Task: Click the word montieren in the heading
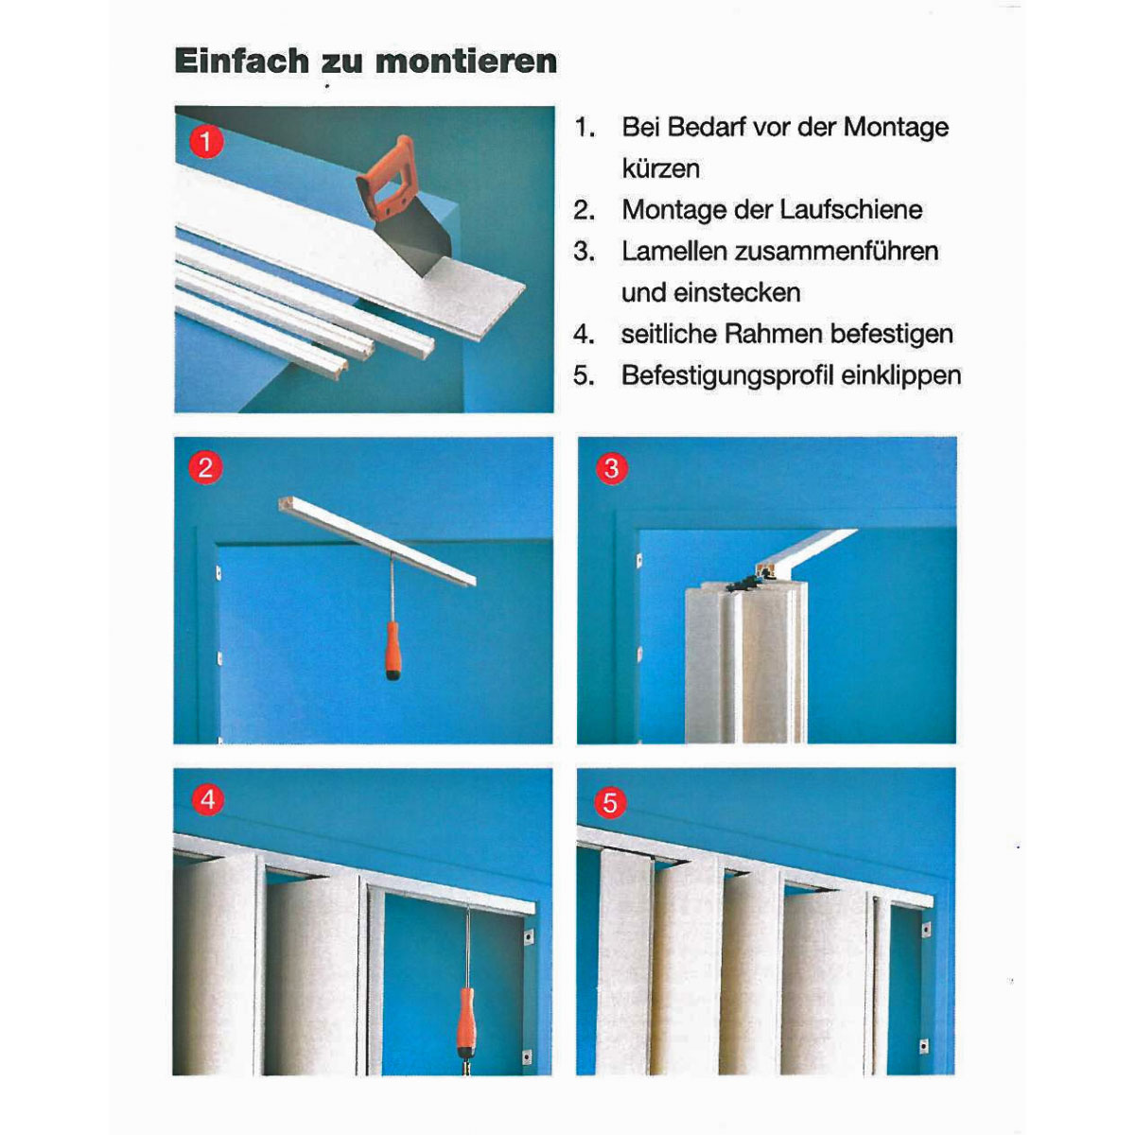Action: [466, 61]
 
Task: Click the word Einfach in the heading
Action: [242, 61]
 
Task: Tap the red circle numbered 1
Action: [205, 143]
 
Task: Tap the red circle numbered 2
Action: [205, 467]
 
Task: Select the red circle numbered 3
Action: [611, 468]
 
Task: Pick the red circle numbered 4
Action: [207, 800]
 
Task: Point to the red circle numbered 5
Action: [610, 802]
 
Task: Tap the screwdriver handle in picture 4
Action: [465, 1021]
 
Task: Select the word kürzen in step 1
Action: [660, 169]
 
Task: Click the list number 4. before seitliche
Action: [584, 335]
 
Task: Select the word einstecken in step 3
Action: [710, 293]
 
